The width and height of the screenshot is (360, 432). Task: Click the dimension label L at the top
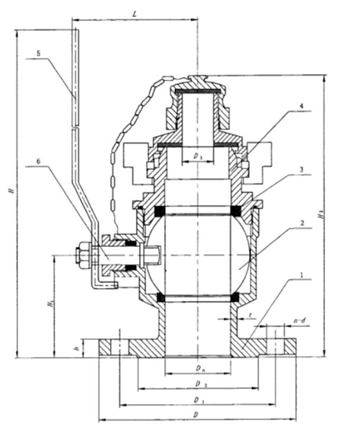[x=135, y=14]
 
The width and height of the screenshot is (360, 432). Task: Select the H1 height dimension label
[x=49, y=305]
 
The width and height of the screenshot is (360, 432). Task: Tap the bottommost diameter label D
[x=197, y=415]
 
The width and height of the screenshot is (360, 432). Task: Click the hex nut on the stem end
[x=81, y=255]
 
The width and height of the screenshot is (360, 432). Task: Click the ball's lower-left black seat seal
[x=161, y=297]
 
